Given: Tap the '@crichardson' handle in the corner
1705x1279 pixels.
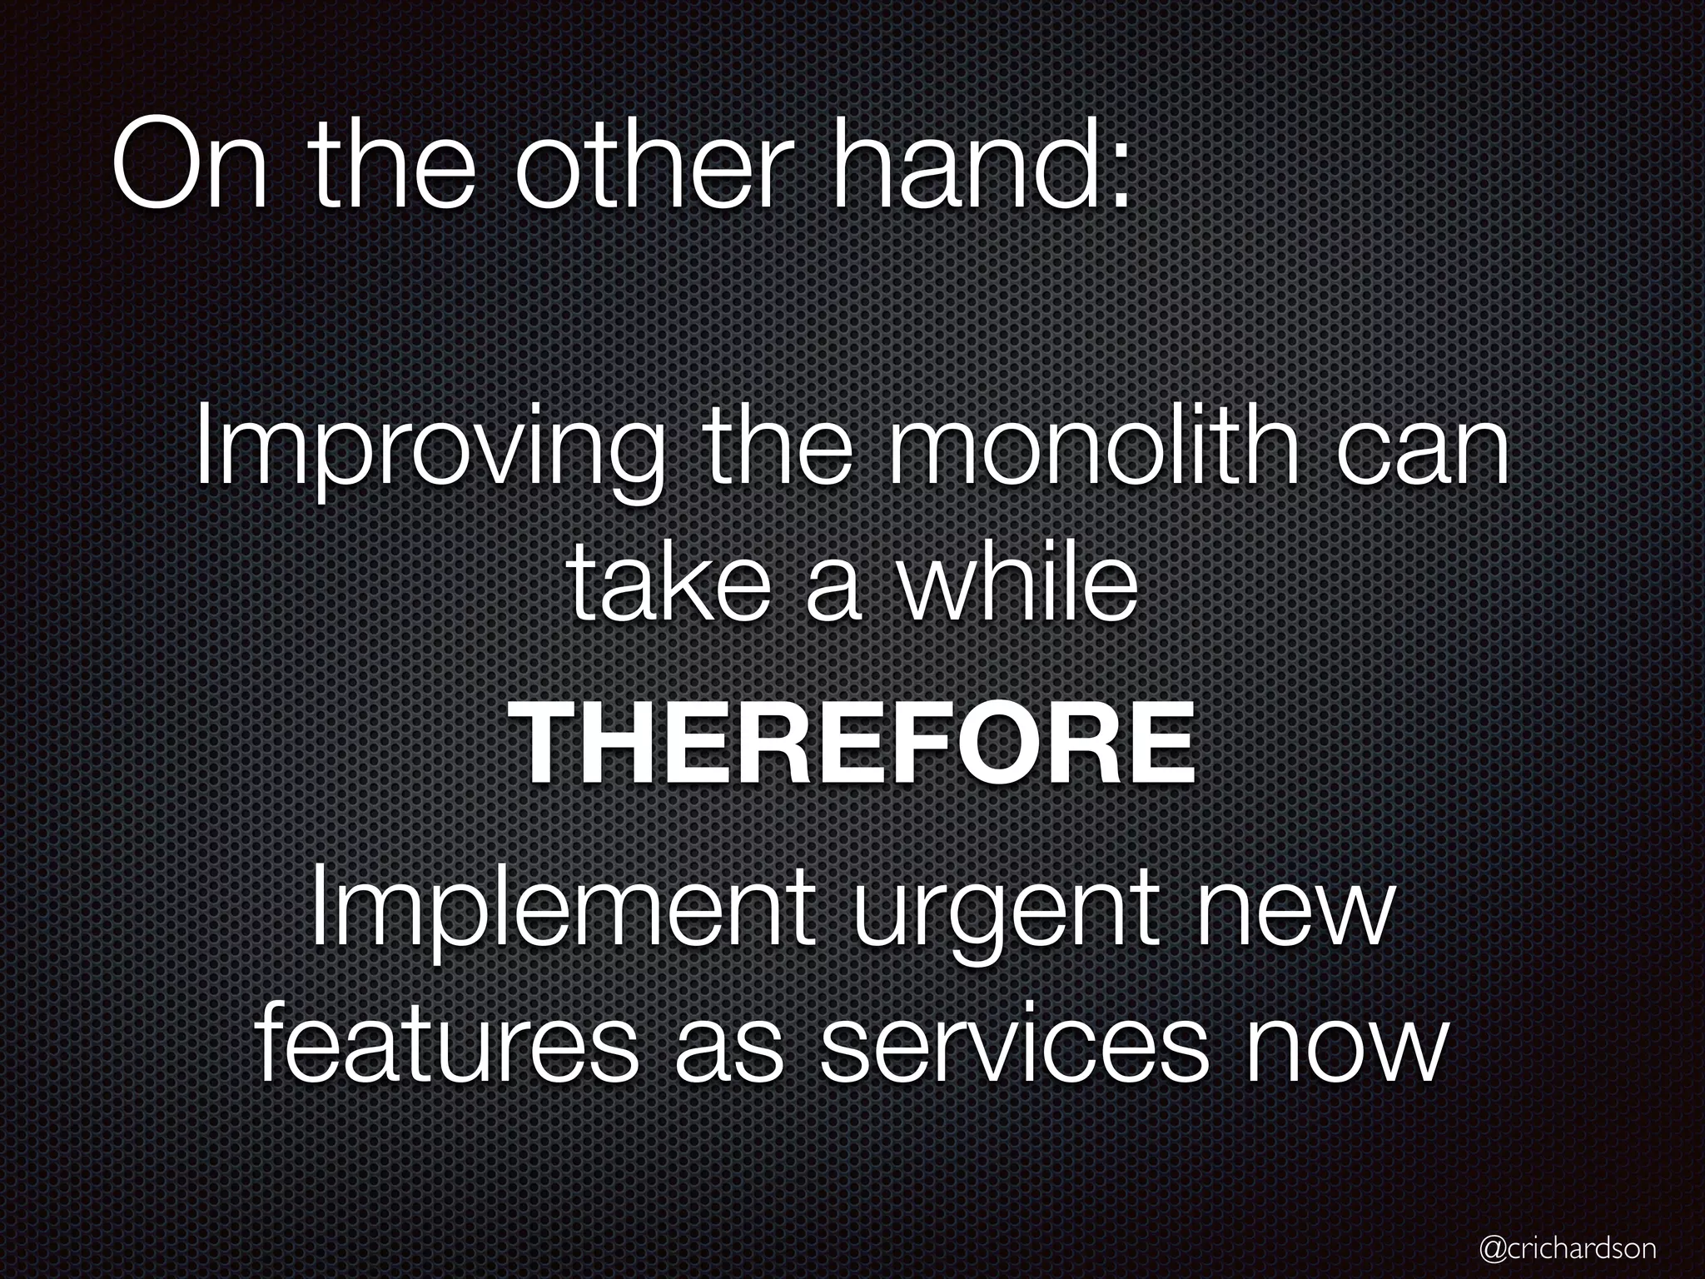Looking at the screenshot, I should click(1568, 1247).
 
